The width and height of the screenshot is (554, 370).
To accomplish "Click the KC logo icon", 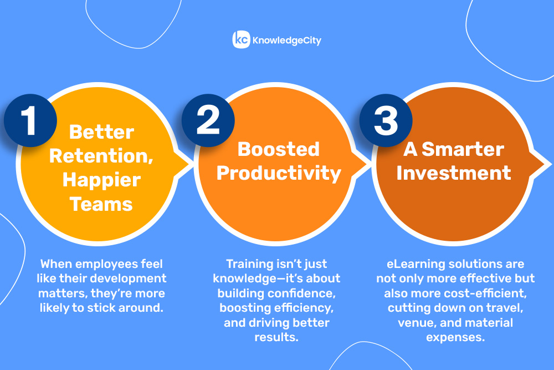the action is pos(241,39).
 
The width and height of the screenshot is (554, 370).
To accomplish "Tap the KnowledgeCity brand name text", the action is pos(287,40).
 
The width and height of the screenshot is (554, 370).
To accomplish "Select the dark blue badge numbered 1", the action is pos(30,120).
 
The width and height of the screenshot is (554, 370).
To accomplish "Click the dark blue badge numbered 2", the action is pos(208,120).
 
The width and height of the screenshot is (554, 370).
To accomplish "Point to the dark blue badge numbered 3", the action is pos(386,120).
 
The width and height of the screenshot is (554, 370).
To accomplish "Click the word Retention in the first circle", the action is pos(101,156).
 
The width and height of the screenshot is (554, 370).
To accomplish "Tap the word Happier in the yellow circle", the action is pos(102,180).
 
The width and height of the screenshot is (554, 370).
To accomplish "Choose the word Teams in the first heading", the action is pos(101,205).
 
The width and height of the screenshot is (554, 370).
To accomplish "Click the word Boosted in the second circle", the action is pos(279,149).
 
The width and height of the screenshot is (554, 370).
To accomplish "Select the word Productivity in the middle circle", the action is pos(279,174).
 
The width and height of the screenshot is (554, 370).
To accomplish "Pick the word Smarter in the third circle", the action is pos(463,149).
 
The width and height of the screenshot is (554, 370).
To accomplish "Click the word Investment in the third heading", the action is pos(454,173).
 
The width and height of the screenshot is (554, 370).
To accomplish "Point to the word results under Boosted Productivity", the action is pos(276,337).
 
